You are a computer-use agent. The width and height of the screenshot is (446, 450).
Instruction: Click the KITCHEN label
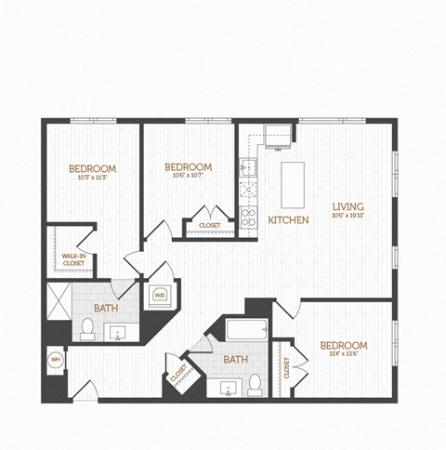[x=288, y=220]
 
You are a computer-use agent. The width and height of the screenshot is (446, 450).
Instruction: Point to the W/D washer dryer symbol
[x=160, y=297]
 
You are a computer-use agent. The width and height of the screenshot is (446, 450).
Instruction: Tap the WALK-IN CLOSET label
[x=73, y=259]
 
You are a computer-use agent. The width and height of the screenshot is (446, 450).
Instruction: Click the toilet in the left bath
[x=87, y=326]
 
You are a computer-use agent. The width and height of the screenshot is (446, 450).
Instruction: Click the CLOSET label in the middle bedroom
[x=209, y=225]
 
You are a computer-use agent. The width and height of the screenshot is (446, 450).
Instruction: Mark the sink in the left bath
[x=118, y=332]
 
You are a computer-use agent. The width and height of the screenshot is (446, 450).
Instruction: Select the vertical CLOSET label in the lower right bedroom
[x=286, y=367]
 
